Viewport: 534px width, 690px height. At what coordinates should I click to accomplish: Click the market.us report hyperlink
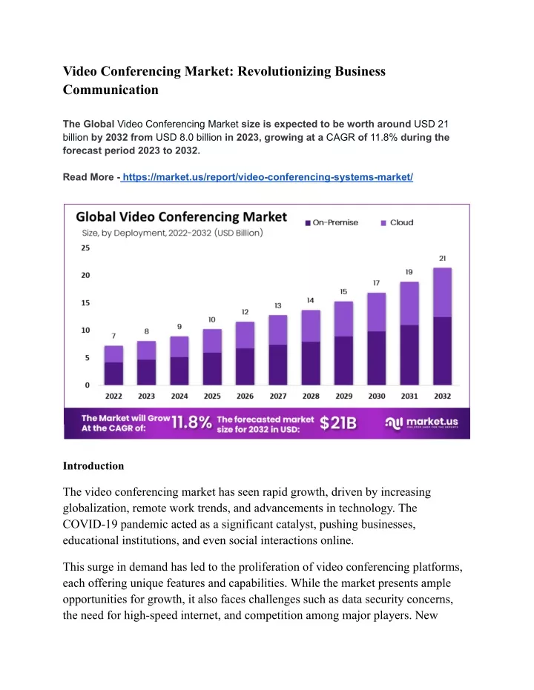(268, 177)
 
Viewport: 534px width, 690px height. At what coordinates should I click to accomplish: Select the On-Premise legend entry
(332, 222)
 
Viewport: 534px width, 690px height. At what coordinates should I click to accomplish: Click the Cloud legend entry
(397, 222)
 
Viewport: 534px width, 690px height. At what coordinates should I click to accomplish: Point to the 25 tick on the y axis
(85, 248)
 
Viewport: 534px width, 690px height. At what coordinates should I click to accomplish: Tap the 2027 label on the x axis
(278, 396)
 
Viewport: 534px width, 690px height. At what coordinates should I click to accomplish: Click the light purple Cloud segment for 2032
(443, 292)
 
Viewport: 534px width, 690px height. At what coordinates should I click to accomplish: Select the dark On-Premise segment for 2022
(113, 374)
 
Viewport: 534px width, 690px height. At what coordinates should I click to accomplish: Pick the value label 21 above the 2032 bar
(443, 259)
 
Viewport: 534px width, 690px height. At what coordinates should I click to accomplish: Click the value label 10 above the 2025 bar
(212, 320)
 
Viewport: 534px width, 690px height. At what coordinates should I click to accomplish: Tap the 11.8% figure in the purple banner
(191, 422)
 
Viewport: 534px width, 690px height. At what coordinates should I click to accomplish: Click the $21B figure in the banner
(338, 423)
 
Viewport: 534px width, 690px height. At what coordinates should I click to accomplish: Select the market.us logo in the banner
(422, 423)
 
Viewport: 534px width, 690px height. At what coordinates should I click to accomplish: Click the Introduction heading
(93, 466)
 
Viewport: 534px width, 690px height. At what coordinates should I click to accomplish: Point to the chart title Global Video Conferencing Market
(182, 217)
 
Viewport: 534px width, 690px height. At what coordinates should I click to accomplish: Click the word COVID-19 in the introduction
(90, 524)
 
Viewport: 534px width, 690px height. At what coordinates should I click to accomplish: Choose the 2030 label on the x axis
(377, 396)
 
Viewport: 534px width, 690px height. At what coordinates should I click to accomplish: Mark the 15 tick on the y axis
(85, 302)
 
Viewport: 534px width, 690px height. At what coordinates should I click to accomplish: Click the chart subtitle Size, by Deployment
(173, 233)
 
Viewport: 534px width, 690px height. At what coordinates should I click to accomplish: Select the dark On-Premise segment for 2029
(343, 361)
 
